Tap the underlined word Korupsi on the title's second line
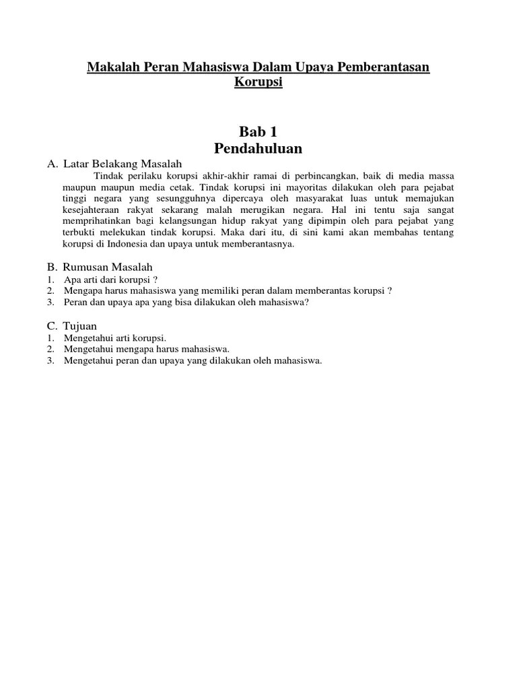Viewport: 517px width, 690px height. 258,82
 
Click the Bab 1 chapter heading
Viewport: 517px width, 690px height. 258,131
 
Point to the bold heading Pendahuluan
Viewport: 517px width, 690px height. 258,148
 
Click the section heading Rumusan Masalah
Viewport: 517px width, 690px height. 109,267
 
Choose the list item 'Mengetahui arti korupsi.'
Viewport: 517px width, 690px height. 115,338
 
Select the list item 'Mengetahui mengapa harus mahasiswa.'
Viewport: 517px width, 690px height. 147,349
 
